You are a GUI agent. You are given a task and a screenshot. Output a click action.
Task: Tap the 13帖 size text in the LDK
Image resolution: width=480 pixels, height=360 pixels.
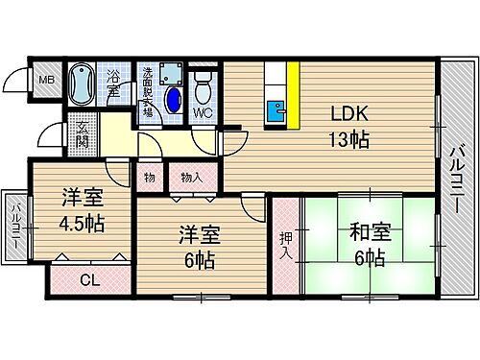click(x=347, y=140)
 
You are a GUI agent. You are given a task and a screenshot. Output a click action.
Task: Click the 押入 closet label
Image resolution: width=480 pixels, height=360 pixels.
click(x=286, y=244)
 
